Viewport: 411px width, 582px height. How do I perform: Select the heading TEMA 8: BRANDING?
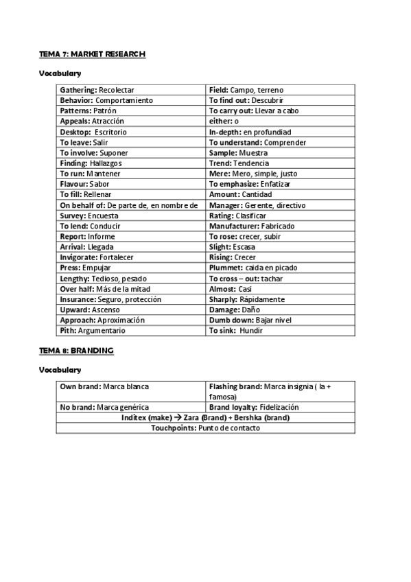coord(76,350)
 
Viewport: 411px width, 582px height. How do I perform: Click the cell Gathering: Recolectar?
coord(97,90)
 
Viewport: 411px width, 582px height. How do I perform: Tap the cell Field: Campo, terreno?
coord(246,90)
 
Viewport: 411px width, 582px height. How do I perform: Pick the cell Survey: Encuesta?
coord(89,216)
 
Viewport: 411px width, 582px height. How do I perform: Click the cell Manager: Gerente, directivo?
coord(257,205)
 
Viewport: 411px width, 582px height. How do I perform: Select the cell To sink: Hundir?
coord(235,330)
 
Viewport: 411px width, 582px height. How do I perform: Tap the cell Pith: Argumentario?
coord(93,330)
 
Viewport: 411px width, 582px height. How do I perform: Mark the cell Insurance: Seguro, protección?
coord(110,299)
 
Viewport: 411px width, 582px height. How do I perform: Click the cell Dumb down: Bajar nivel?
coord(250,320)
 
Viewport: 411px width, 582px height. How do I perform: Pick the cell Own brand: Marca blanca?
coord(104,386)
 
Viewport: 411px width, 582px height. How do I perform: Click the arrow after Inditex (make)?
coord(177,417)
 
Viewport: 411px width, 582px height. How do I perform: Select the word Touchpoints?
coord(173,428)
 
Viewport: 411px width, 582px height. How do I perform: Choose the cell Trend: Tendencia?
coord(239,163)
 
